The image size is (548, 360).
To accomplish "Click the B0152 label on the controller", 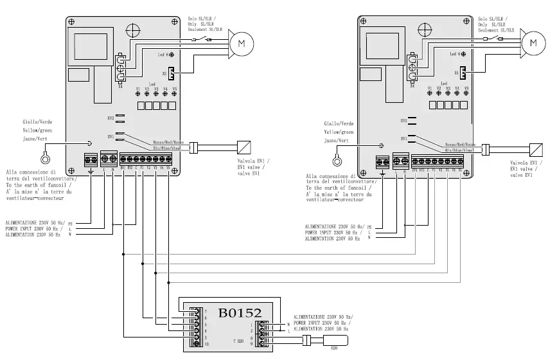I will click(x=240, y=313).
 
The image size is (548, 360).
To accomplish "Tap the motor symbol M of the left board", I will click(x=242, y=43).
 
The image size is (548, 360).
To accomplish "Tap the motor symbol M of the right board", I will click(x=533, y=43).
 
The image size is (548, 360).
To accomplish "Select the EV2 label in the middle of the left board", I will click(x=110, y=119).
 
